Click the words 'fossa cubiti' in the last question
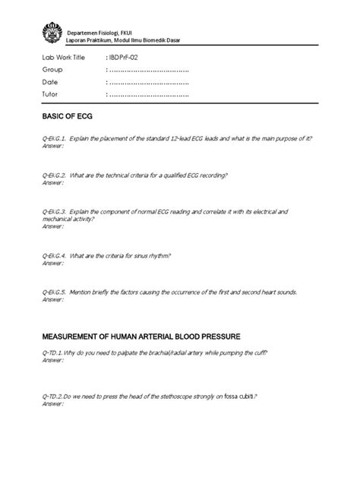[x=237, y=396]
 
